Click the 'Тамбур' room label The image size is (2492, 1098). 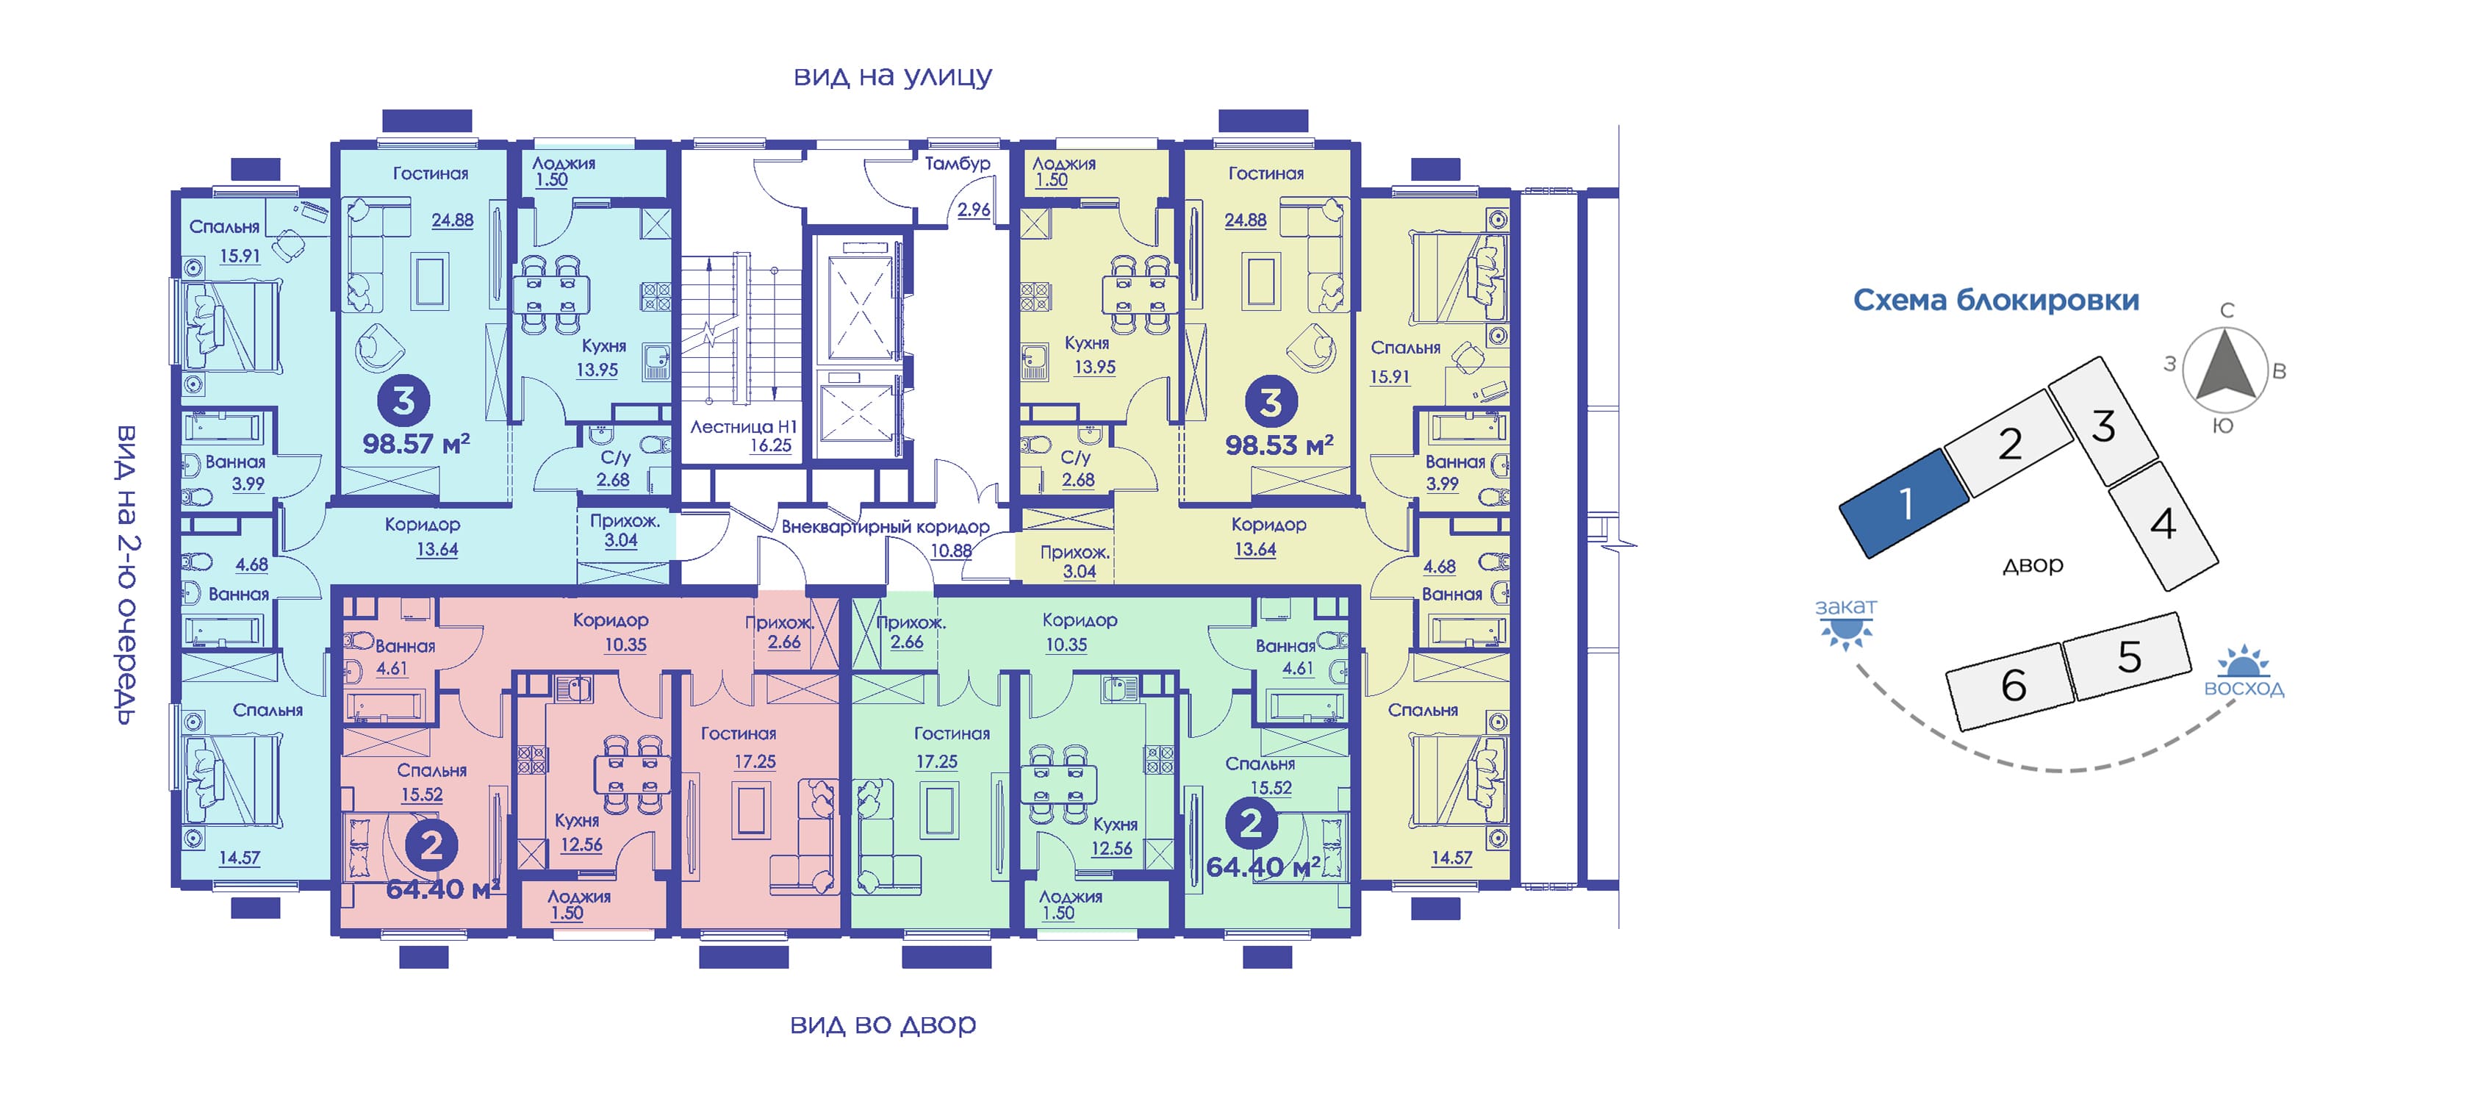click(957, 163)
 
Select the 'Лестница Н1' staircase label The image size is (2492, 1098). click(743, 426)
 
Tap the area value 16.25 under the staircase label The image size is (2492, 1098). click(770, 446)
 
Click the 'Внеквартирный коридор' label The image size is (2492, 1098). click(885, 527)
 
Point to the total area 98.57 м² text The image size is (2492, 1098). click(416, 444)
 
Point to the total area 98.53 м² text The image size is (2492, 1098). click(1279, 446)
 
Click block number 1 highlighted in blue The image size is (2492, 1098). click(1904, 503)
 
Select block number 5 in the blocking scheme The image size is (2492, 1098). click(2128, 657)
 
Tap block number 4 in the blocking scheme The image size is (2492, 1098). click(2163, 524)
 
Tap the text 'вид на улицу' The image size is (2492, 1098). click(892, 76)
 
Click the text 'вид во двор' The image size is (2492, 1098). click(883, 1024)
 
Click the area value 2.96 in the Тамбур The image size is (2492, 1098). click(973, 209)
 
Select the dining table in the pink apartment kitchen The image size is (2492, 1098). click(632, 775)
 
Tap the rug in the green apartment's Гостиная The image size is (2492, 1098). click(938, 811)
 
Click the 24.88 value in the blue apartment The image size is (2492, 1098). click(452, 220)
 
